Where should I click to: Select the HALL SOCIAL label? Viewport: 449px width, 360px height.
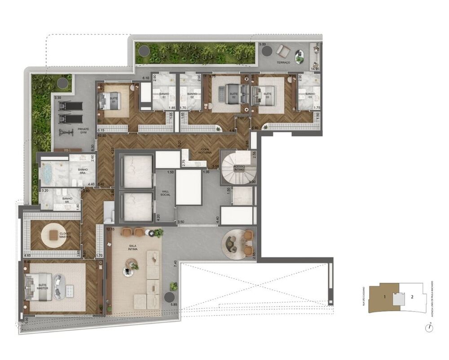(x=165, y=193)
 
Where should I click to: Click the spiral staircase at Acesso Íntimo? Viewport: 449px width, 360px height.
(x=238, y=167)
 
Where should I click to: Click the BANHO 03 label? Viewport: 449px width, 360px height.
(x=309, y=96)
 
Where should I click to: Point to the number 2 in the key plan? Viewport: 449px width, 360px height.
(x=412, y=297)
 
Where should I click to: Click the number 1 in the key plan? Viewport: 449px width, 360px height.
(x=385, y=297)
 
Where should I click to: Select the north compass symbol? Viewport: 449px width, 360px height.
(x=430, y=328)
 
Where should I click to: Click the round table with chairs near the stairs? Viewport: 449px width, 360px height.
(x=238, y=243)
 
